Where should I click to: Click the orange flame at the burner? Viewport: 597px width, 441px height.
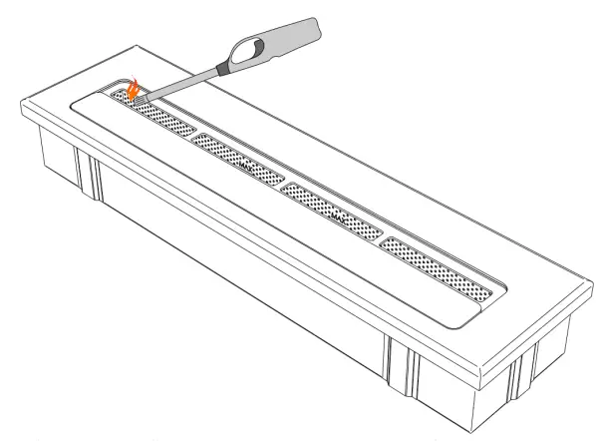tap(133, 91)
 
